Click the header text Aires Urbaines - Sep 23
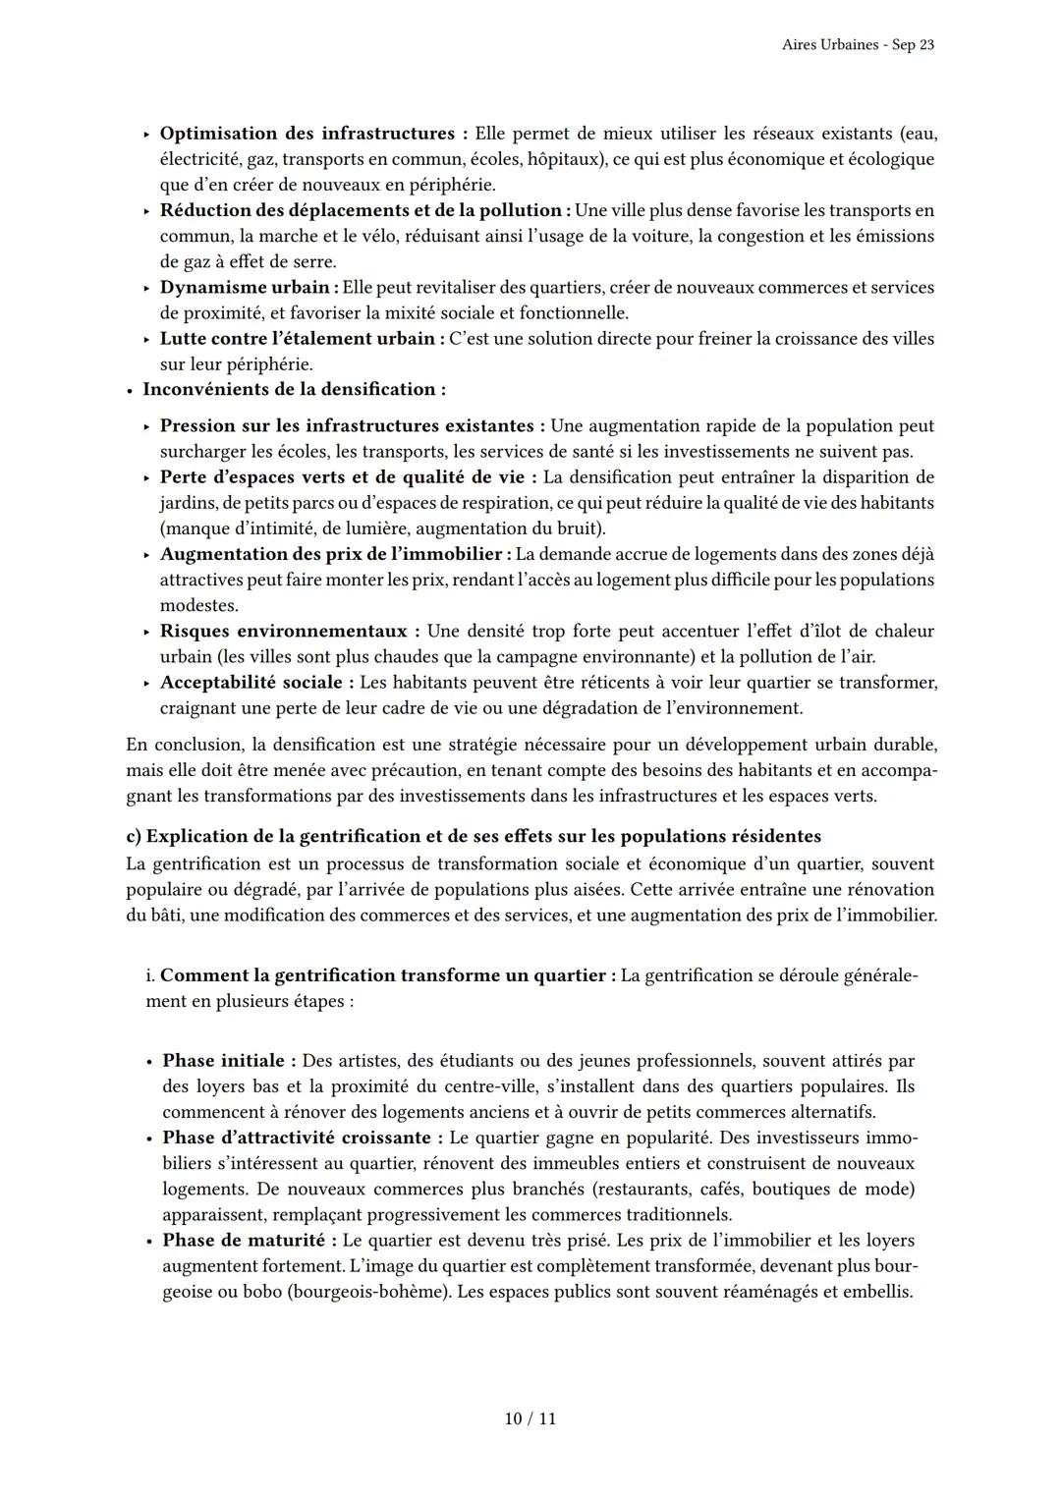tap(858, 45)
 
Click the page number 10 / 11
tap(530, 1418)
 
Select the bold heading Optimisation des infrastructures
tap(307, 133)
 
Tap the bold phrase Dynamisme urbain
tap(245, 288)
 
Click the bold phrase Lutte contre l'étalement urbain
tap(297, 339)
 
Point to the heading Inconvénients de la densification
tap(293, 389)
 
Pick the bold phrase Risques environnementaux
tap(283, 631)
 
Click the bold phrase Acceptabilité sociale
tap(251, 682)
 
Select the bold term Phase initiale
tap(223, 1061)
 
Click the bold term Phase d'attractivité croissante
tap(296, 1138)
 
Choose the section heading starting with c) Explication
tap(474, 836)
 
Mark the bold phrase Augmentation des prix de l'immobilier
tap(332, 554)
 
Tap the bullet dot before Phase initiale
tap(148, 1062)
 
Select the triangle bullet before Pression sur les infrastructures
tap(146, 426)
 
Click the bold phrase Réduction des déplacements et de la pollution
tap(360, 210)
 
